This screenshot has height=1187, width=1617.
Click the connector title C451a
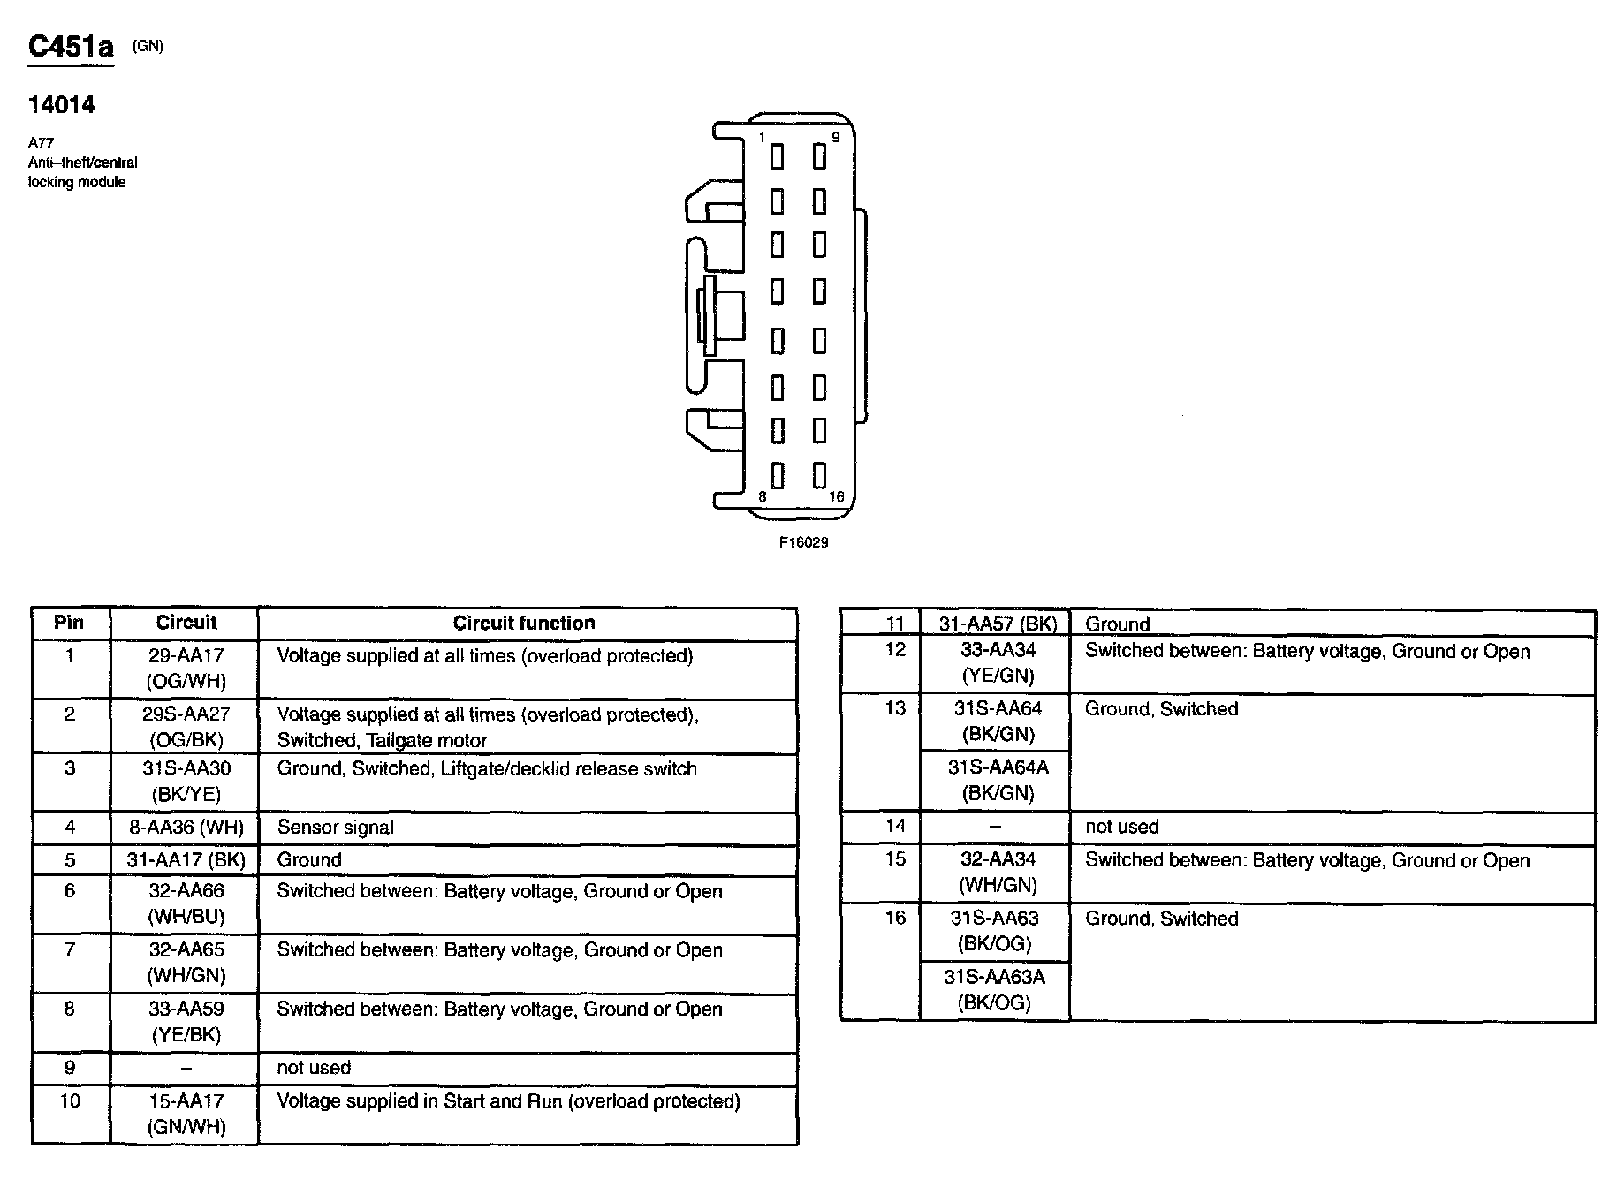click(x=71, y=47)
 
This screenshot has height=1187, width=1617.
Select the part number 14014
click(x=61, y=105)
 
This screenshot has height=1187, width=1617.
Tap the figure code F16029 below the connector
click(x=803, y=542)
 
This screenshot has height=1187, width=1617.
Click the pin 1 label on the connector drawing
click(x=762, y=138)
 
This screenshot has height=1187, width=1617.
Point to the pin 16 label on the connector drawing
click(x=836, y=497)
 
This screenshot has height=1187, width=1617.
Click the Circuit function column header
click(x=524, y=623)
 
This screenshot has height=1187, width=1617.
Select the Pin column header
click(x=69, y=622)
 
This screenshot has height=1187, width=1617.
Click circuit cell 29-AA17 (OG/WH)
click(x=186, y=669)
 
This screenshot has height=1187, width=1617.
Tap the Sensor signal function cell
click(x=336, y=828)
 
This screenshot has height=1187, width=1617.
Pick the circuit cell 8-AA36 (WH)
click(x=186, y=828)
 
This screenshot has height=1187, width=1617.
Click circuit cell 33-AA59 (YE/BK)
click(x=186, y=1022)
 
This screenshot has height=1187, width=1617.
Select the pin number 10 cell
click(x=70, y=1101)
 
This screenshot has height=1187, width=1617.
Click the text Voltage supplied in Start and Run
click(x=420, y=1101)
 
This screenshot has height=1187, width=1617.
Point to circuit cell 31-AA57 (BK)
click(x=998, y=624)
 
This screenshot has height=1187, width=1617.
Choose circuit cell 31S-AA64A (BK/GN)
click(x=998, y=780)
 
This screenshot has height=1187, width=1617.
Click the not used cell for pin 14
click(x=1121, y=827)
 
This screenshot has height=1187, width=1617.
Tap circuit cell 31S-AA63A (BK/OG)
click(x=994, y=989)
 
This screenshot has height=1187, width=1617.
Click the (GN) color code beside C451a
click(x=148, y=46)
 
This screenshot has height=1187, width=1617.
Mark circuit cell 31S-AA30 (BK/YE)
click(x=186, y=782)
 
